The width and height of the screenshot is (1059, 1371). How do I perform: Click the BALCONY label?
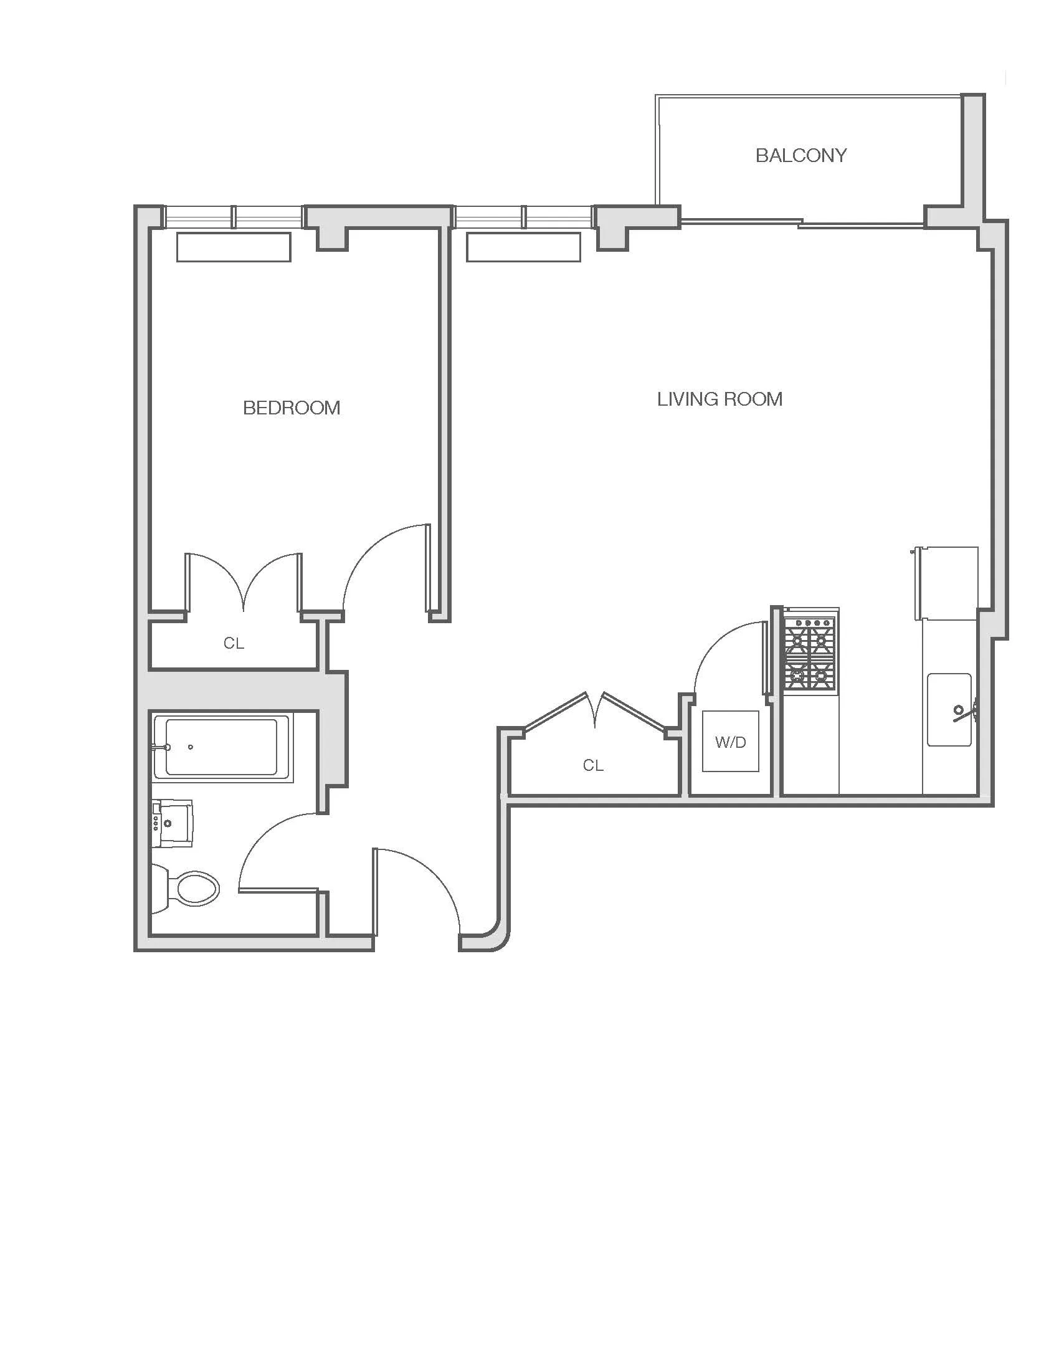pyautogui.click(x=800, y=155)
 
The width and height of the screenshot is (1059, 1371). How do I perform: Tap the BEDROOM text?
pyautogui.click(x=291, y=408)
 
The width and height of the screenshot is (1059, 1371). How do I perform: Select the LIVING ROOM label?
pyautogui.click(x=719, y=399)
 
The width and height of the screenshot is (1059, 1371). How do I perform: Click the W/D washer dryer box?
pyautogui.click(x=730, y=742)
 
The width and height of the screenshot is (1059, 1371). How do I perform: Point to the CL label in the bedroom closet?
pyautogui.click(x=234, y=644)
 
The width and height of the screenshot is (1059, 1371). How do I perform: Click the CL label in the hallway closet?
pyautogui.click(x=593, y=765)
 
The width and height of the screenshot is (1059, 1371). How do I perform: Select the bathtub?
pyautogui.click(x=222, y=748)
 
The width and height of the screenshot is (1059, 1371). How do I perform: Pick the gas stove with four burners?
pyautogui.click(x=810, y=651)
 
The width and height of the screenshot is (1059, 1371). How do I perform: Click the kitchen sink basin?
pyautogui.click(x=949, y=710)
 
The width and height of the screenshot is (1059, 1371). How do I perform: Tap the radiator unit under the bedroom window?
pyautogui.click(x=234, y=247)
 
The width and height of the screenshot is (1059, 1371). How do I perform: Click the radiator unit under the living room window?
pyautogui.click(x=523, y=247)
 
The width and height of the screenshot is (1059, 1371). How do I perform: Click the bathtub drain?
pyautogui.click(x=191, y=747)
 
